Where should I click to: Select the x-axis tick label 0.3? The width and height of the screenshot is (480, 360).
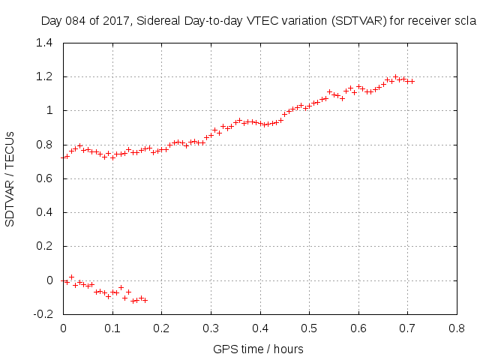211,328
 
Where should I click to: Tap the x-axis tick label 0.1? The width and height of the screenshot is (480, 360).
112,328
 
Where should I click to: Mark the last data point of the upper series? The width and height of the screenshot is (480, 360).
412,81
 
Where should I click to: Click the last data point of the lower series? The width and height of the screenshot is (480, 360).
145,300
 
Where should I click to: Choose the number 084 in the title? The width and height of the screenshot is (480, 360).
79,22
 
